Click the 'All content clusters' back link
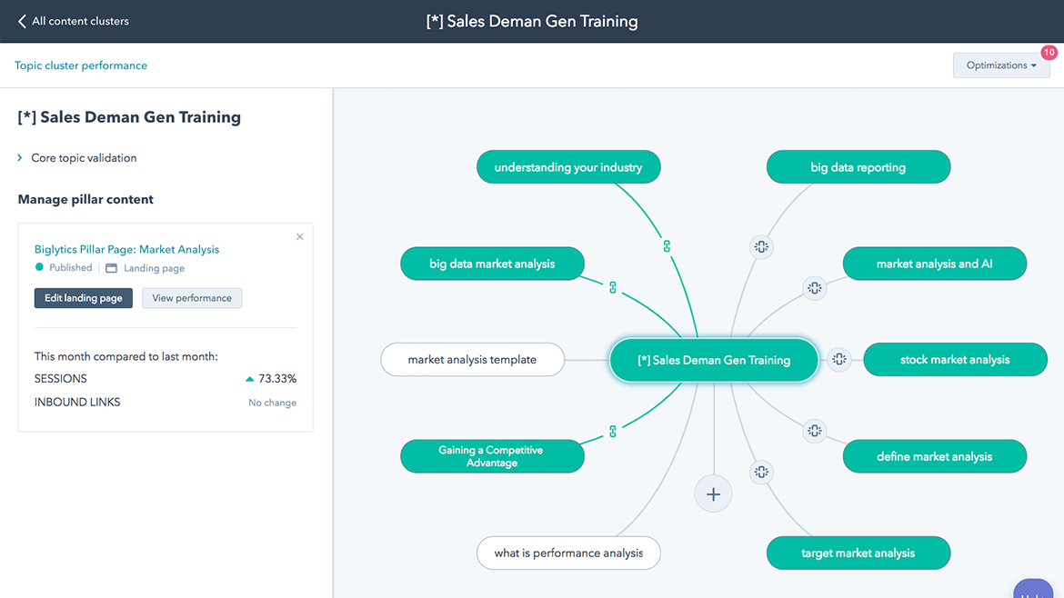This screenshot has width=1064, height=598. coord(74,21)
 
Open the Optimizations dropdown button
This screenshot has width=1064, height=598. coord(1000,65)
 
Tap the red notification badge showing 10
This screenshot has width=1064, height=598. coord(1049,53)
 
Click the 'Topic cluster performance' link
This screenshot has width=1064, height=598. coord(81,65)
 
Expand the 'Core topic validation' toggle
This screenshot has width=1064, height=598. coord(20,158)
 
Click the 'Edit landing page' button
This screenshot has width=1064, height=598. coord(83,298)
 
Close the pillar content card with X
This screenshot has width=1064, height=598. coord(300,237)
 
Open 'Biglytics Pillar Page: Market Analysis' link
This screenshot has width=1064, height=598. coord(126,249)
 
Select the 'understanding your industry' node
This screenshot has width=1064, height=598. coord(568,167)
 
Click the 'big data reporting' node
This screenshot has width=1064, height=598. coord(858,167)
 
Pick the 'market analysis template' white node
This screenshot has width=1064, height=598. coord(472,360)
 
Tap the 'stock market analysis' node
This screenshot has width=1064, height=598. coord(955,360)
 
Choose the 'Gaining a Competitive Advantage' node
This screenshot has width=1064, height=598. coord(492,456)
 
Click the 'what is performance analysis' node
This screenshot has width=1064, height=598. coord(568,553)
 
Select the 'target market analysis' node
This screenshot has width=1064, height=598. coord(858,553)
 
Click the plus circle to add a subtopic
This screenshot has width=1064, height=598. coord(713,494)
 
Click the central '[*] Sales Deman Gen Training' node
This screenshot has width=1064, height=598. coord(714,360)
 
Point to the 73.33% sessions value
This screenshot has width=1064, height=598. coord(277,379)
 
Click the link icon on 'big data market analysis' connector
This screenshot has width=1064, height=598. coord(613,287)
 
